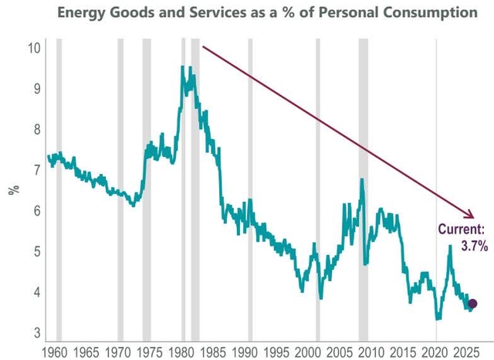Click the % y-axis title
coord(13,190)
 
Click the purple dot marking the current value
coord(472,304)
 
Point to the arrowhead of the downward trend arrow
coord(472,216)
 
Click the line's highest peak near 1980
coord(182,67)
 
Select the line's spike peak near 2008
coord(361,179)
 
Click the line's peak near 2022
coord(450,246)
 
